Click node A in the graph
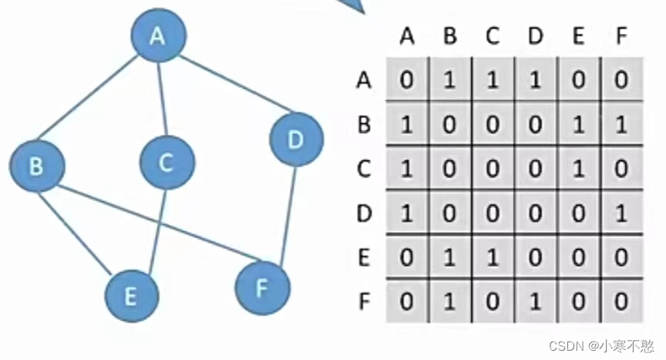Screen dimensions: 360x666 [x=158, y=35]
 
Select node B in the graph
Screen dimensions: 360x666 [x=37, y=165]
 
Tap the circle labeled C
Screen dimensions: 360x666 [x=167, y=163]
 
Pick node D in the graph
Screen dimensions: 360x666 [x=296, y=140]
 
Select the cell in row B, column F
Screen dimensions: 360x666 [x=621, y=124]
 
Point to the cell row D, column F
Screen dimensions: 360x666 [x=621, y=212]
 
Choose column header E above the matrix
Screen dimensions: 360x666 [x=579, y=36]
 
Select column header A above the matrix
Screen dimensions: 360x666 [x=408, y=36]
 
